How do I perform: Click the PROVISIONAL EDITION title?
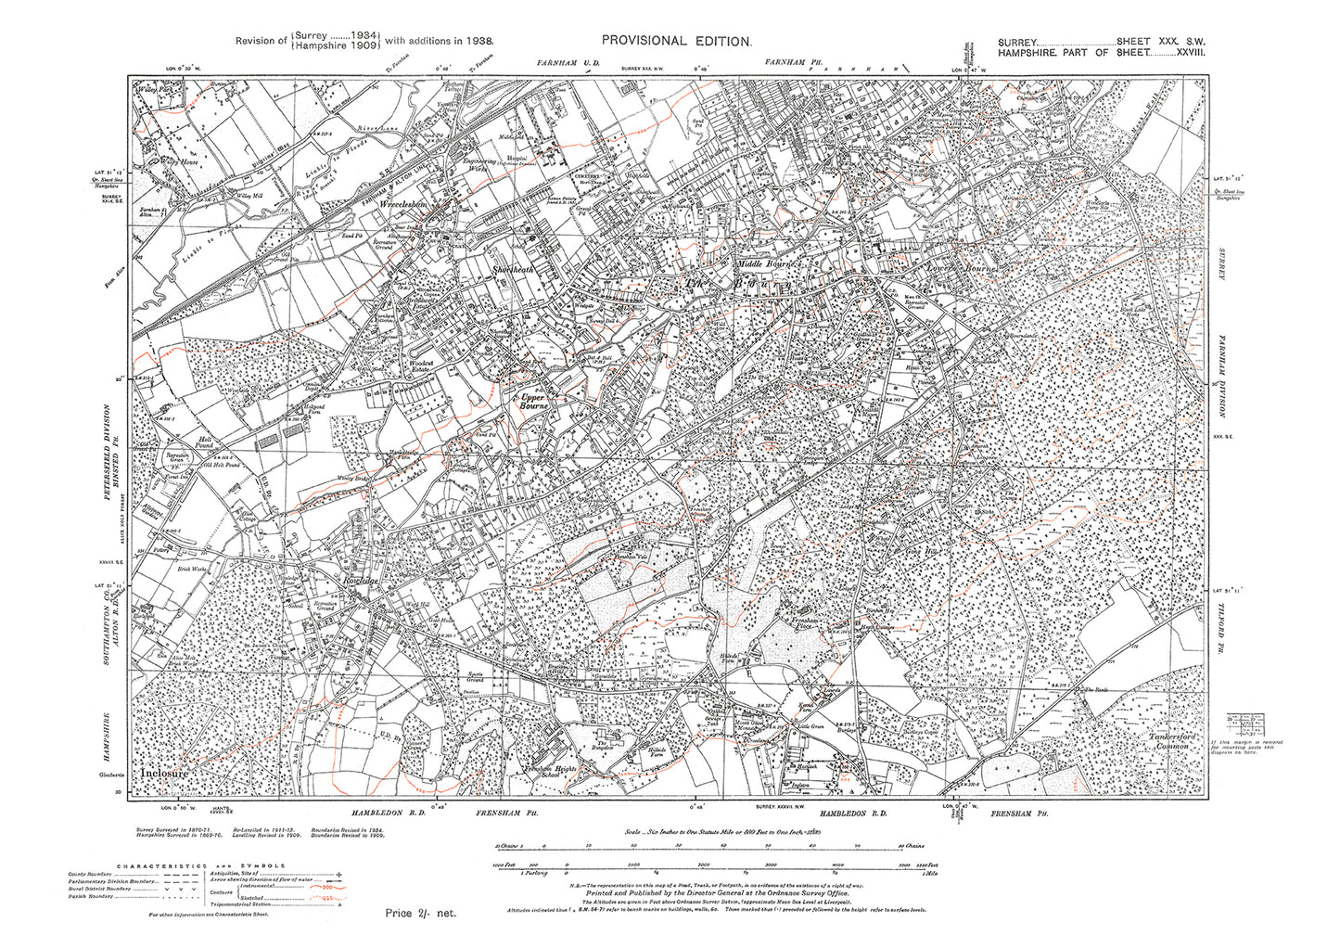coord(676,41)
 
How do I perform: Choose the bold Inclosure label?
coord(165,772)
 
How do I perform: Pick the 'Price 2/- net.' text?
coord(421,913)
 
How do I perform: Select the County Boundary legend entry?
coord(93,875)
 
